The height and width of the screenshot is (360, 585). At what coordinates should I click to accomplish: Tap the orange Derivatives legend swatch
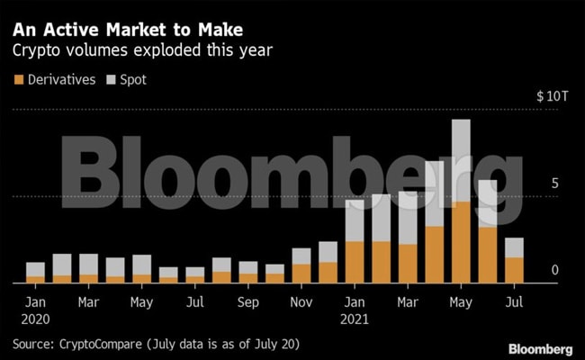(19, 79)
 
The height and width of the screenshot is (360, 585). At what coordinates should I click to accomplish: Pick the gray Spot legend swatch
(112, 79)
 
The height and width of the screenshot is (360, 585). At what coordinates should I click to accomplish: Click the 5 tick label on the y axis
(555, 184)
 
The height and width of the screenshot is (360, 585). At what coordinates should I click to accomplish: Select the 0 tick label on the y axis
(555, 270)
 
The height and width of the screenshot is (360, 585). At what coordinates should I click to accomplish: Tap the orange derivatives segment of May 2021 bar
(461, 242)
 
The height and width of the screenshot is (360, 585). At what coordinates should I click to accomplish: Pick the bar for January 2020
(35, 273)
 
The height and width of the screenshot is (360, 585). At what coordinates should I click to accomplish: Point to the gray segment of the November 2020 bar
(301, 256)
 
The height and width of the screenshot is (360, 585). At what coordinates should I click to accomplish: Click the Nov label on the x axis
(301, 302)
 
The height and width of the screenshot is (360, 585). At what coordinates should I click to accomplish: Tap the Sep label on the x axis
(247, 302)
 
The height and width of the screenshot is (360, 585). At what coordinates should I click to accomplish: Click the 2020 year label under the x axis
(36, 319)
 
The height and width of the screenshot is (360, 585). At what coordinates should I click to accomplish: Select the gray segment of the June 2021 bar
(487, 203)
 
